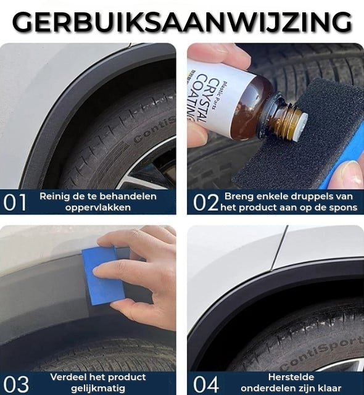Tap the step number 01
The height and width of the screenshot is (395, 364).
(15, 202)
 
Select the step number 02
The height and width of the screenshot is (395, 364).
(206, 202)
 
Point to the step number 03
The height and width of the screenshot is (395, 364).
(16, 384)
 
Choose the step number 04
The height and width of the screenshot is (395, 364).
(206, 384)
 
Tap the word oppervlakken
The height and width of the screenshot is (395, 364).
(98, 207)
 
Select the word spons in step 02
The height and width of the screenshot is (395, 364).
(344, 207)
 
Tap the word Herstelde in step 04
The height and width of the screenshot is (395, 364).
(291, 377)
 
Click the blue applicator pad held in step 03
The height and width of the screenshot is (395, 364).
(103, 276)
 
